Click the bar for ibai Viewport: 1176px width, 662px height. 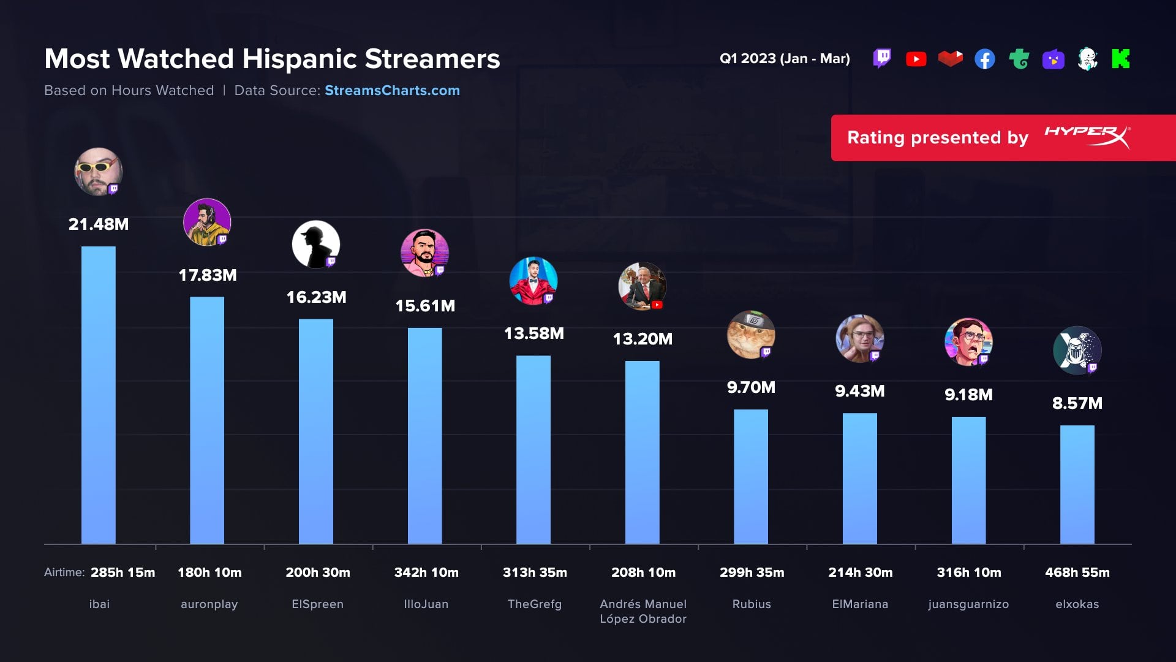(x=98, y=395)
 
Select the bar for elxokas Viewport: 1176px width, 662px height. (x=1077, y=484)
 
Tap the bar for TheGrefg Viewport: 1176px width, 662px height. (x=533, y=449)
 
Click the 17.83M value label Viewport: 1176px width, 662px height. (x=208, y=275)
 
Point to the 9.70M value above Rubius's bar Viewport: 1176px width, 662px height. (x=751, y=387)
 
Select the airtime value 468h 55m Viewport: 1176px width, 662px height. (x=1077, y=573)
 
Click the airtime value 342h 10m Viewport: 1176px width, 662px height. (x=426, y=573)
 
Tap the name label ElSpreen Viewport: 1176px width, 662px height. (x=317, y=604)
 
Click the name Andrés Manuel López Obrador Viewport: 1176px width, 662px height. (x=643, y=612)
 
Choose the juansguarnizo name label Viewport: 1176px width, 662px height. (x=968, y=604)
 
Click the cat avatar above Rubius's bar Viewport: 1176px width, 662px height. (x=750, y=335)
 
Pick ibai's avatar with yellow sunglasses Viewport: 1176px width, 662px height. (x=98, y=172)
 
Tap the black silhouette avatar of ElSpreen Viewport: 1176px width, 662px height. (x=315, y=244)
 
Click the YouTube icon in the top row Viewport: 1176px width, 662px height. (x=916, y=59)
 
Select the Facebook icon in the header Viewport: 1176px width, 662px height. (x=984, y=59)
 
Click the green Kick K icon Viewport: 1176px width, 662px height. (x=1120, y=59)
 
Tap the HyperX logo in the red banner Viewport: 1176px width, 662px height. (x=1087, y=137)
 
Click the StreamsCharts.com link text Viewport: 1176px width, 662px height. (x=392, y=91)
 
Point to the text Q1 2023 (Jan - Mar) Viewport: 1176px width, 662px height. (x=785, y=59)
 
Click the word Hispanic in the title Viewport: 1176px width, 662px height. (x=300, y=59)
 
